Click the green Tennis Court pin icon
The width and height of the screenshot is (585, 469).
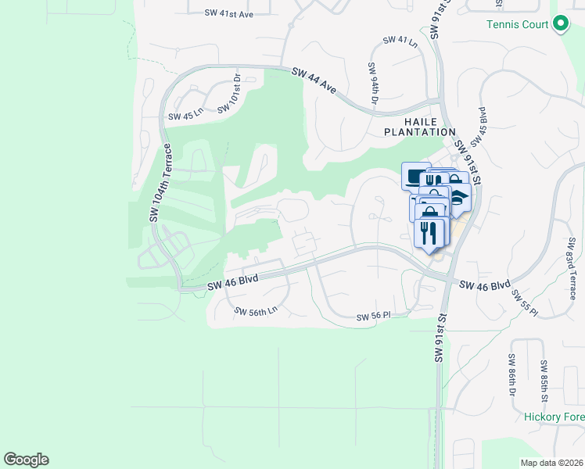[560, 24]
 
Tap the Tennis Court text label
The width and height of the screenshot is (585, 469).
[518, 24]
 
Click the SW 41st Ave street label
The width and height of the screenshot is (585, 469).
[229, 13]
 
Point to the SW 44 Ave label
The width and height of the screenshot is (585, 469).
[314, 81]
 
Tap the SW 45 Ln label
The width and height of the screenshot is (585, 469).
[185, 116]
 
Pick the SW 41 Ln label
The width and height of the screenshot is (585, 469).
[401, 41]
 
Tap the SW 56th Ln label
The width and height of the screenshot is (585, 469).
[256, 310]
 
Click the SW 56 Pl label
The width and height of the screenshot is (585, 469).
[373, 317]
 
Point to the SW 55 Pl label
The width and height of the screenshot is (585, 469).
[525, 303]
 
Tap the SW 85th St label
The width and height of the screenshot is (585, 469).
[544, 377]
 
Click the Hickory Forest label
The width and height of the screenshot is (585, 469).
[554, 417]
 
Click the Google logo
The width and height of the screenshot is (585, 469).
[26, 460]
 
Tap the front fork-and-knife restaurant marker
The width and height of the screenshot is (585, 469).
[428, 233]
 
